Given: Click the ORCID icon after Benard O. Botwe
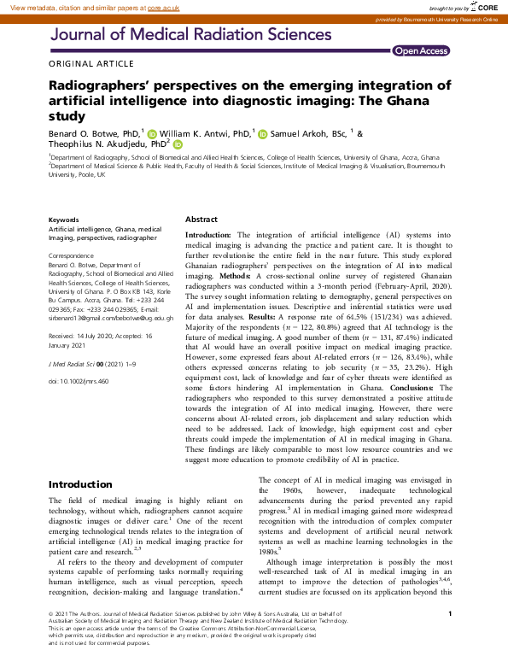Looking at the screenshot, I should [x=152, y=134].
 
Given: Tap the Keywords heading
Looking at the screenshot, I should [x=64, y=220].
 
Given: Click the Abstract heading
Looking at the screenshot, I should [x=201, y=220].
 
